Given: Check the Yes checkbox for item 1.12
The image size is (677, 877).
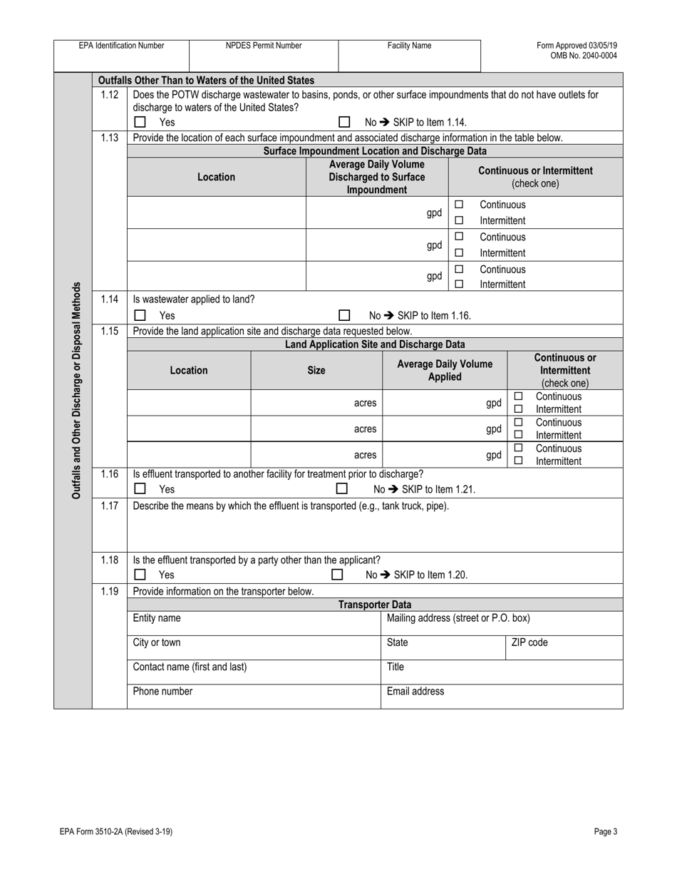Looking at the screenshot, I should (140, 122).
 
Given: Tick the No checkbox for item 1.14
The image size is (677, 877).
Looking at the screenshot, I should (344, 315).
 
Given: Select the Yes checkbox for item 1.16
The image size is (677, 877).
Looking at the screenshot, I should (140, 489).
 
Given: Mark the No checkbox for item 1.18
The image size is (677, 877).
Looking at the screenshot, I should (337, 575).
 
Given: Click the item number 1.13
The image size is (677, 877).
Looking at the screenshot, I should (109, 138).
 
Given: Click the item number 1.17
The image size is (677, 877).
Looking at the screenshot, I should (109, 506).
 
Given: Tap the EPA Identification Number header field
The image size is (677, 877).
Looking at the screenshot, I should (121, 46).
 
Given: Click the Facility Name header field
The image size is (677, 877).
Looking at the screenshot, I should (409, 46).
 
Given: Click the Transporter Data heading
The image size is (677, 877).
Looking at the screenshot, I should (375, 605).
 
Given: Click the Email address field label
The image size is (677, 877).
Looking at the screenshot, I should (415, 691).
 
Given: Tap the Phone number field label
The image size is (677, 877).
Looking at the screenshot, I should (162, 691).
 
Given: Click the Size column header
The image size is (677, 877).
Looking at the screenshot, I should (316, 370).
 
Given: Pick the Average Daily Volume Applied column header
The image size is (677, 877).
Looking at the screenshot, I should (445, 370).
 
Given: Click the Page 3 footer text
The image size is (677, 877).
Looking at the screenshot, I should (605, 831).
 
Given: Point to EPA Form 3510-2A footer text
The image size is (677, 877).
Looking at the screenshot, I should (116, 831).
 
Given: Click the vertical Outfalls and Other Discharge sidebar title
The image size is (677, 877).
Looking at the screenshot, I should (77, 390).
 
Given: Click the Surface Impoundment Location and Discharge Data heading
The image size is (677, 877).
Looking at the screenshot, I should (375, 151).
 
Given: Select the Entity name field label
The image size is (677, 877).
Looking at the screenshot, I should (157, 618).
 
